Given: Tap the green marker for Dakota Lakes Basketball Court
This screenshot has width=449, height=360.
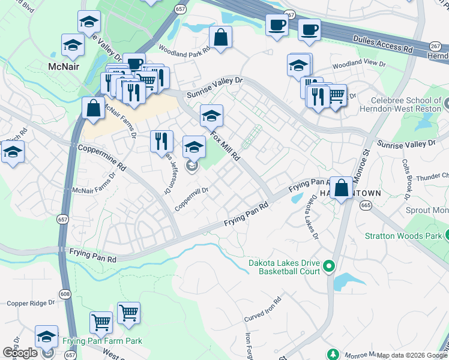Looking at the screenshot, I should pos(329,265).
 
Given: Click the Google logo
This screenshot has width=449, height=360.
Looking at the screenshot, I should pos(20,353).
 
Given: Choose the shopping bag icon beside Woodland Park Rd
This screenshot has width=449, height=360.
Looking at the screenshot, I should pos(221,37).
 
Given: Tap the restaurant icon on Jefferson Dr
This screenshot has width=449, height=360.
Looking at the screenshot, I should pos(161,142).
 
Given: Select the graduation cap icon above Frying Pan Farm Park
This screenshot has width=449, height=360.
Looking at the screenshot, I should pos(46,337).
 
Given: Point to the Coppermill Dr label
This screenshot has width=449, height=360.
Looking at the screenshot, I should pos(191,199).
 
